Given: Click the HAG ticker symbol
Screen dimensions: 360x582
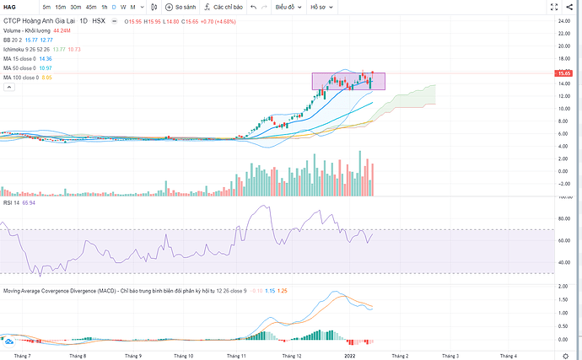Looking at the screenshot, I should [x=11, y=7].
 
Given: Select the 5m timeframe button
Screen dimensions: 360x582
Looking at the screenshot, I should [x=46, y=7].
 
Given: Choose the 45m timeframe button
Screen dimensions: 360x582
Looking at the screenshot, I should [x=90, y=7].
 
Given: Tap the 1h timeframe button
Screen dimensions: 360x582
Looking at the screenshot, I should [x=104, y=7].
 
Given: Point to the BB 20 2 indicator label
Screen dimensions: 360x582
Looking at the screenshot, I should [x=14, y=40].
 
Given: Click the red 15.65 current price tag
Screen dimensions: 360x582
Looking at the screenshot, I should [x=565, y=74].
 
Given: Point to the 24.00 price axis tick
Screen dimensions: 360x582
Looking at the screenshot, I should [x=564, y=20].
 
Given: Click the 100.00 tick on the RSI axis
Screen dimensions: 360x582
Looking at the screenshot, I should [x=564, y=197].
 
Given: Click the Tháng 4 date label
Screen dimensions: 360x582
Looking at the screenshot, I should [x=509, y=356].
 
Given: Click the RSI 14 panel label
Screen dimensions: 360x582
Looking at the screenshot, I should [x=12, y=203].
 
